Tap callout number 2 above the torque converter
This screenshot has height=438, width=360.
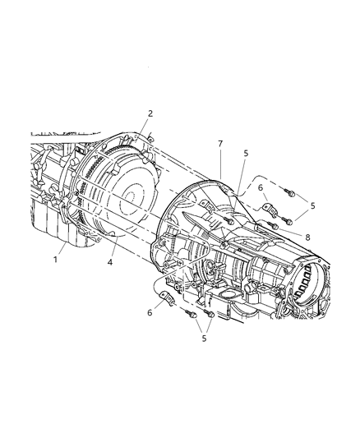pos(150,113)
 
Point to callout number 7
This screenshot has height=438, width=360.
pos(219,144)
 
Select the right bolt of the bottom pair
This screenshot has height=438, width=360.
pos(208,314)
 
